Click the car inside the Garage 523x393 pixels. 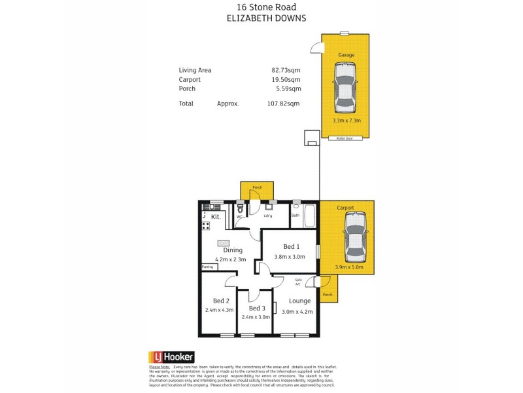pyautogui.click(x=345, y=89)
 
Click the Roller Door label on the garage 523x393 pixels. pyautogui.click(x=345, y=139)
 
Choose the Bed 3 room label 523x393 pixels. pyautogui.click(x=257, y=308)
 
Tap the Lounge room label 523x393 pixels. pyautogui.click(x=300, y=301)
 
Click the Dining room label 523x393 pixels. pyautogui.click(x=233, y=250)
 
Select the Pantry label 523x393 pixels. pyautogui.click(x=208, y=267)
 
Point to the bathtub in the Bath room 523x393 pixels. pyautogui.click(x=311, y=215)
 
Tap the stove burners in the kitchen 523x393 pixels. pyautogui.click(x=205, y=226)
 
